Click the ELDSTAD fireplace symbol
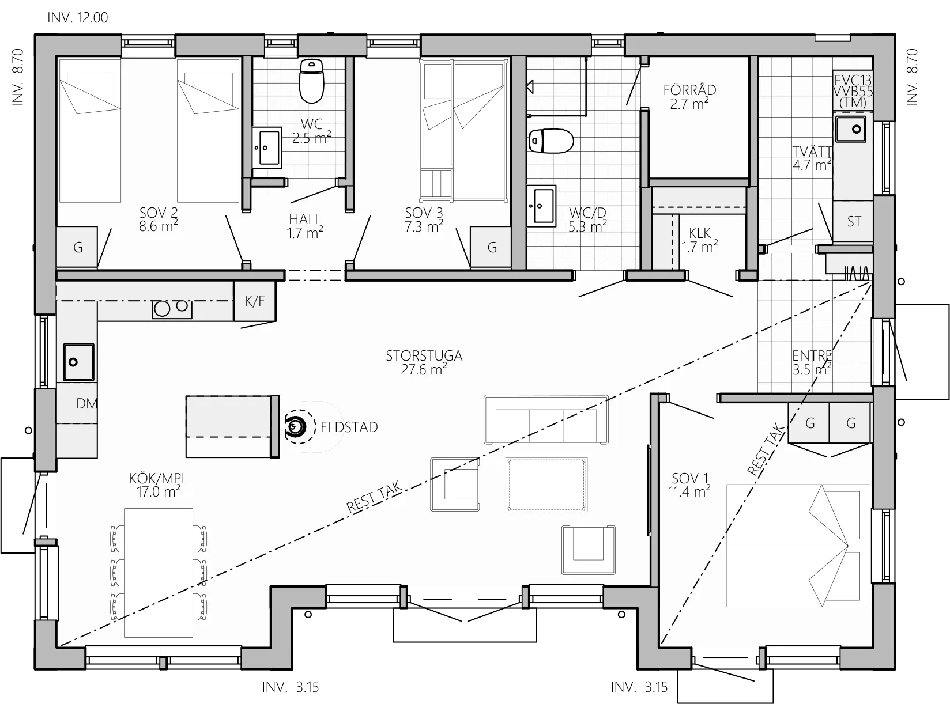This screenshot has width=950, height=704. pos(296,427)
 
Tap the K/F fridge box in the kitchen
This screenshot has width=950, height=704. pos(254,301)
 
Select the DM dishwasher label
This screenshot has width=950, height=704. pos(86,404)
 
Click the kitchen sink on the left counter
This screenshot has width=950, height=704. pos(78,362)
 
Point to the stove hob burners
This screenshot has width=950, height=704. pos(171,309)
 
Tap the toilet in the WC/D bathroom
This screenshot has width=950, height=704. pos(551,141)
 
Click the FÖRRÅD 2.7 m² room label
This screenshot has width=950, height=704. pos(689,97)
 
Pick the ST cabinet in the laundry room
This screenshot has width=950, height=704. pos(854,221)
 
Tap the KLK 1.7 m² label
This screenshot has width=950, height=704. pos(699,240)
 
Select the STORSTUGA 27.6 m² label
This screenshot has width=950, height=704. pos(424,362)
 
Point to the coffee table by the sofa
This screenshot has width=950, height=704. pos(546,484)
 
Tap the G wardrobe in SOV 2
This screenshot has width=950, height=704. pos(78,248)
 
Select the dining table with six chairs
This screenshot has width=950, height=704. pos(159,571)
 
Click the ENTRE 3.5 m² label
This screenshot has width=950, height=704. pos(812,362)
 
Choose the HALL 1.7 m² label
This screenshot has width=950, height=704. pos(304,226)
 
